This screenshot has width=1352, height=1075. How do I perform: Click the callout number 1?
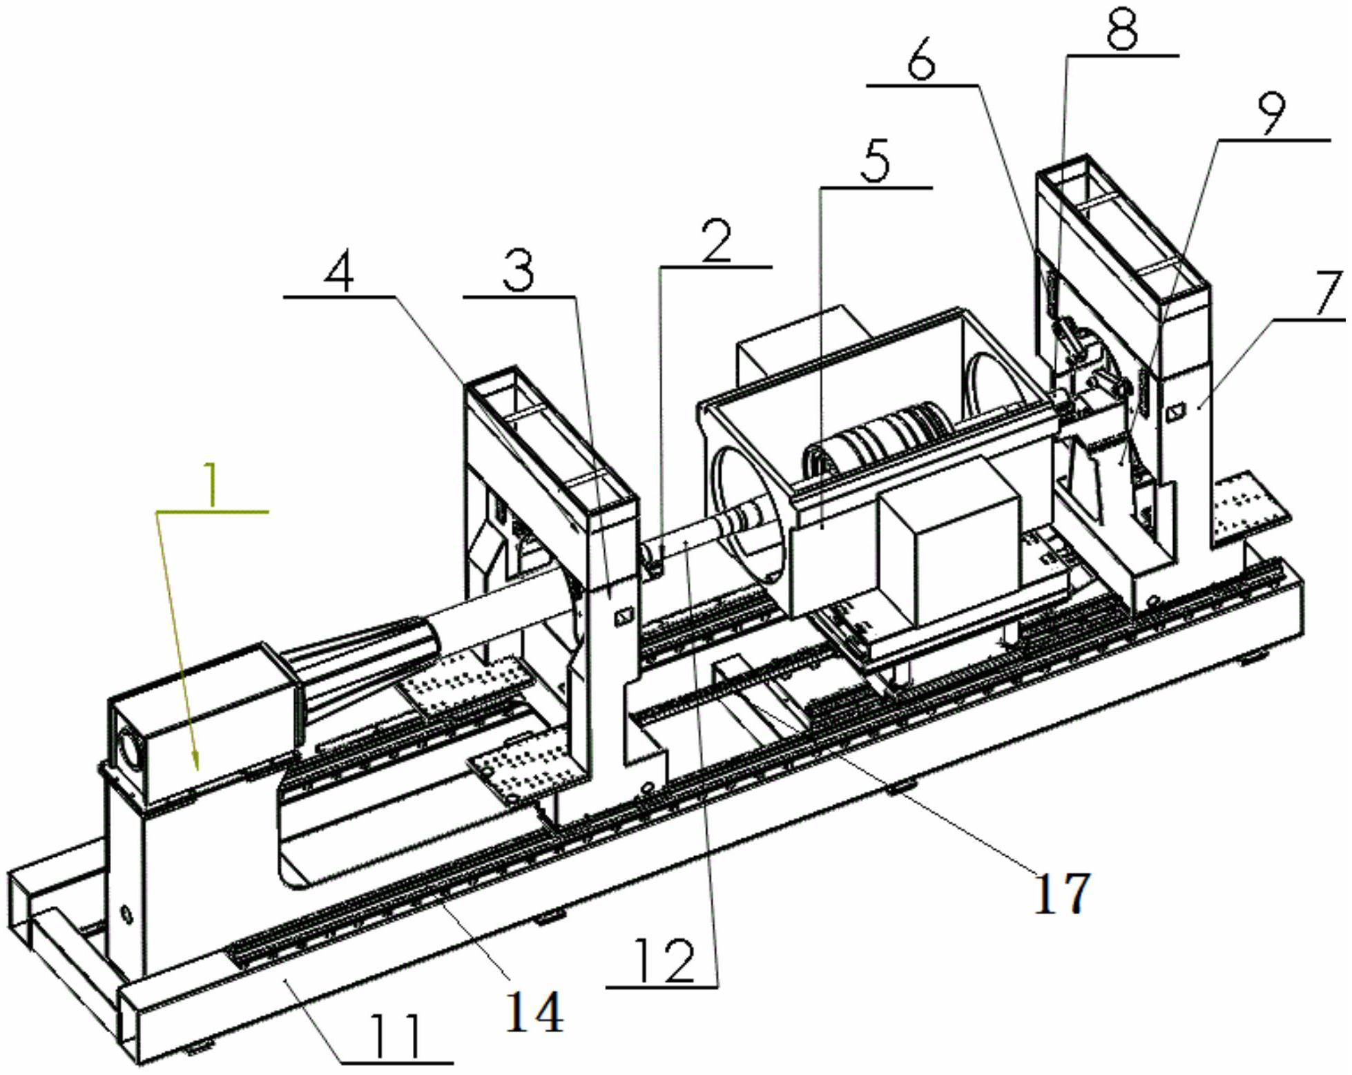tap(211, 485)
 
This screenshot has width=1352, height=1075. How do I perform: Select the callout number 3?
tap(519, 271)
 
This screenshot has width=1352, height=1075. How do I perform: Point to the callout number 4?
tap(339, 273)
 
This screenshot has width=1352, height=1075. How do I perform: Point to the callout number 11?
tap(395, 1036)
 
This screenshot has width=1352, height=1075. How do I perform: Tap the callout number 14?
tap(534, 1011)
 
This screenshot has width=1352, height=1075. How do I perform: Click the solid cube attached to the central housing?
tap(949, 545)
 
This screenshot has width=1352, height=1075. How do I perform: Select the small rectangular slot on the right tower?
tap(1175, 413)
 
